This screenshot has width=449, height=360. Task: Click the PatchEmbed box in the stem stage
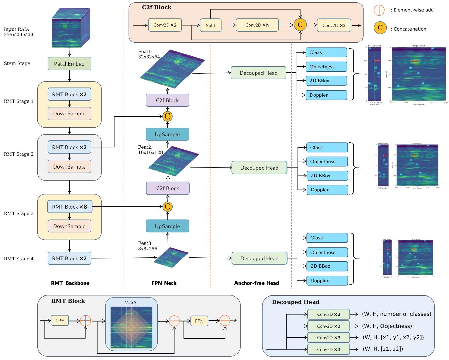coord(69,63)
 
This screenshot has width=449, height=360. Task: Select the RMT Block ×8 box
coord(69,207)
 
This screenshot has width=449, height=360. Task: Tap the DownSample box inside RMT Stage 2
coord(69,166)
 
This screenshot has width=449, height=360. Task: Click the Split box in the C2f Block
coord(210,25)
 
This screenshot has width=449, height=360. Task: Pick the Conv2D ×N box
coord(257,25)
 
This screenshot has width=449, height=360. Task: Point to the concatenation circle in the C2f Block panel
coord(300,25)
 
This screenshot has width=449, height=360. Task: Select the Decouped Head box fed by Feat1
coord(258,73)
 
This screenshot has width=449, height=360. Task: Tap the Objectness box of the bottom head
coord(327,252)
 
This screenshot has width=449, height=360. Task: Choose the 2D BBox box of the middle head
coord(327,176)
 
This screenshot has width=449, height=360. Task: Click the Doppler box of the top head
coord(326,95)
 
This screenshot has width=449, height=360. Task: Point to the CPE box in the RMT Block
coord(59,320)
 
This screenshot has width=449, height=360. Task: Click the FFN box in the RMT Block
coord(199,321)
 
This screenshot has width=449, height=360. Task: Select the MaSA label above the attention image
coord(130,302)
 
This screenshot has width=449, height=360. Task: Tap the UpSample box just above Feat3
coord(167,226)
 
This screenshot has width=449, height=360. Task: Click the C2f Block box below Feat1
coord(167,100)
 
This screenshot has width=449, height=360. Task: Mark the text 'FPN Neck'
coord(164,283)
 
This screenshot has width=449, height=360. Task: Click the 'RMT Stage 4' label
coord(19,259)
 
